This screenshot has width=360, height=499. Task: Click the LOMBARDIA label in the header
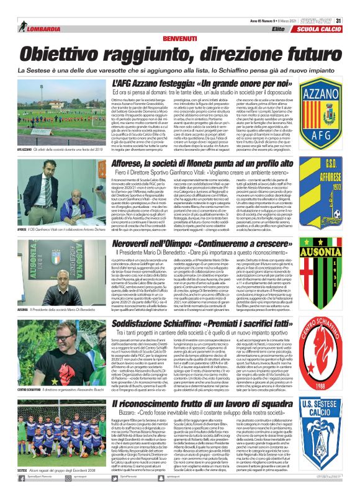tap(40, 29)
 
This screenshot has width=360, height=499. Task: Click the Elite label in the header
tap(278, 29)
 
